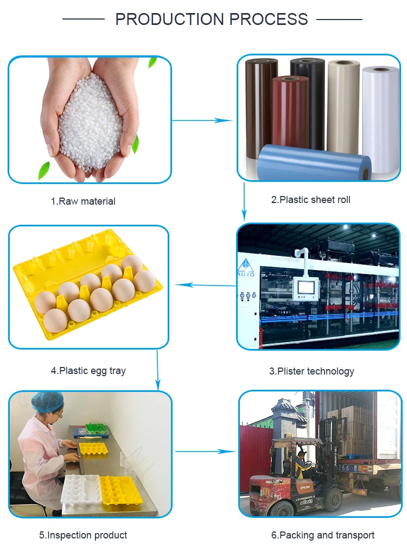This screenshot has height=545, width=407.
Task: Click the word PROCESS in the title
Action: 269,20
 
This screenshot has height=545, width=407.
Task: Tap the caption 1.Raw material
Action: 83,201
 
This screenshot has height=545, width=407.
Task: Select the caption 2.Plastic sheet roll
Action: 311,200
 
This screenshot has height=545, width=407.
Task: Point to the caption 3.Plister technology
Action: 311,371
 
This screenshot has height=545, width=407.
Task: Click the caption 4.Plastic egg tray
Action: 88,371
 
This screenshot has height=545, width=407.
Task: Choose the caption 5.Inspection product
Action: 83,535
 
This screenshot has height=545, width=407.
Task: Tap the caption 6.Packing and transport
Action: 322,535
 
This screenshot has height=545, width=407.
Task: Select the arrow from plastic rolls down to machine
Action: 244,201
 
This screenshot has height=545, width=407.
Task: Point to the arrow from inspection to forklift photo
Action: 203,451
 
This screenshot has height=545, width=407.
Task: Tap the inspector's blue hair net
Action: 47,402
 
